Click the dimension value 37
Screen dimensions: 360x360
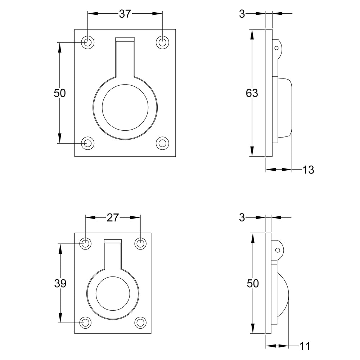(125, 14)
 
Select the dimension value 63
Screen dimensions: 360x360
(252, 93)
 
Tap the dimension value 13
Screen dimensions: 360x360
(308, 170)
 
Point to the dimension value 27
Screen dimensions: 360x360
(113, 218)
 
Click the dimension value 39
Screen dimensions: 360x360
(60, 284)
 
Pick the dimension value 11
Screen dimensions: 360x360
(305, 346)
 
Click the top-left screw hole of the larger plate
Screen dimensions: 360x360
(87, 42)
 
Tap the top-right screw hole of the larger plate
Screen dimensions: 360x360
(163, 42)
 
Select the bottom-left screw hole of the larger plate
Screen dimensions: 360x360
(87, 143)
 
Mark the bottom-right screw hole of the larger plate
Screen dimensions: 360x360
(163, 143)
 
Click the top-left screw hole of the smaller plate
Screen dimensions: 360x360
(85, 243)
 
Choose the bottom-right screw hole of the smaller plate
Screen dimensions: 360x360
(140, 323)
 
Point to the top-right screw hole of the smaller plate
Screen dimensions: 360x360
(140, 243)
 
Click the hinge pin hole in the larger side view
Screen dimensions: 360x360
(276, 48)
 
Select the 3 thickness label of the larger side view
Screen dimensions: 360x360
(242, 14)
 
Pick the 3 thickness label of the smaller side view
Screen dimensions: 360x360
(242, 218)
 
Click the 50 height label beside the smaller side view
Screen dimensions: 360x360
(253, 284)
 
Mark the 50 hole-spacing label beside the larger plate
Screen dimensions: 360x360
(60, 93)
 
